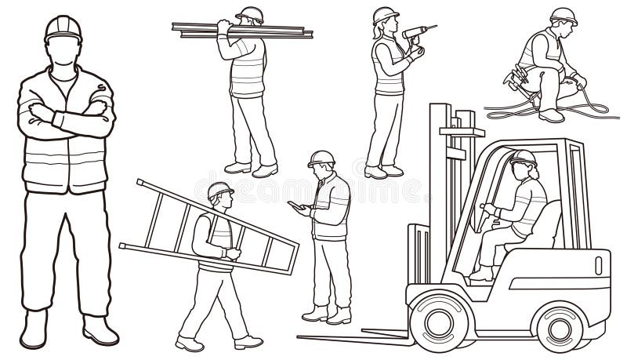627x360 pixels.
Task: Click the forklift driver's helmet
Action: (x=523, y=157)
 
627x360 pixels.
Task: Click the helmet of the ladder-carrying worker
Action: (x=219, y=190)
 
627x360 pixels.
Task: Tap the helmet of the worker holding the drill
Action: (x=386, y=15)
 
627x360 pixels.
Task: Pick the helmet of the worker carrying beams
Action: (x=251, y=13)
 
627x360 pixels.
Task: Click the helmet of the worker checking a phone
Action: (x=321, y=157)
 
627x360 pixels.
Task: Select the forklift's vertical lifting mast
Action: (x=455, y=196)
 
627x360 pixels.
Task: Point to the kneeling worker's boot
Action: (x=552, y=115)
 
